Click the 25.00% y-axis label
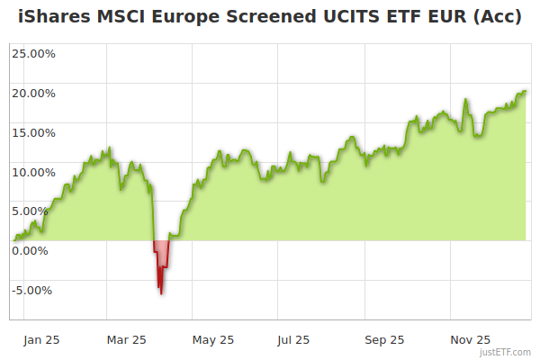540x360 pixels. [x=33, y=53]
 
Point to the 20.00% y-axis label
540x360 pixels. [x=33, y=93]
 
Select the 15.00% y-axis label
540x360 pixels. [x=33, y=132]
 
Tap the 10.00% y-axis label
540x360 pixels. [x=33, y=172]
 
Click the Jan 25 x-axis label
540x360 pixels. [x=41, y=340]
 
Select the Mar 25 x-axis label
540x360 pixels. [x=126, y=340]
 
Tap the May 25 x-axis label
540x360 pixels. [x=213, y=340]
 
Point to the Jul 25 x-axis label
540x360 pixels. [x=294, y=340]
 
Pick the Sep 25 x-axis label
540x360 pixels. [x=384, y=340]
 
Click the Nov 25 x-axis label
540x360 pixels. [x=471, y=340]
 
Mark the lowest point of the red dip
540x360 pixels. [x=161, y=293]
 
